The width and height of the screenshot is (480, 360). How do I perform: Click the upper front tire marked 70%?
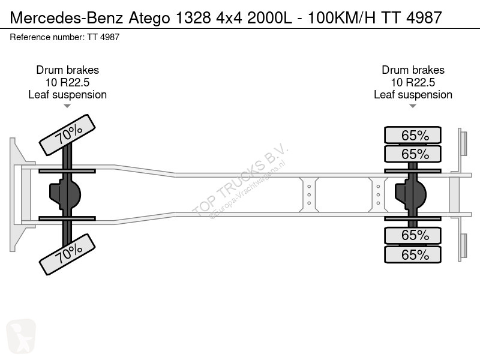point(67,134)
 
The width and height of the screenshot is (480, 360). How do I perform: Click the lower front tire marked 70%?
point(67,254)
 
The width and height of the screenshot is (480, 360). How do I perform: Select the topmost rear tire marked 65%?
point(413,135)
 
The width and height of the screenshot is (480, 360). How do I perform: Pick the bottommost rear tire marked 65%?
point(413,254)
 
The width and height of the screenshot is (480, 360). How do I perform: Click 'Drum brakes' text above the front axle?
point(67,70)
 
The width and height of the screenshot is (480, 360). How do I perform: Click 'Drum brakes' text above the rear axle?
point(413,70)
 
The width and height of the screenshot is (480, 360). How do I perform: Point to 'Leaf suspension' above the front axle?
point(67,95)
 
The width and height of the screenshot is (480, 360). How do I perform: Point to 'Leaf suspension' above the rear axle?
point(413,95)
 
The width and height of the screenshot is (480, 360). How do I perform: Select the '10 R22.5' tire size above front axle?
point(67,82)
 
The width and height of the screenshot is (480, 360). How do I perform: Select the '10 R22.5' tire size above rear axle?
point(413,82)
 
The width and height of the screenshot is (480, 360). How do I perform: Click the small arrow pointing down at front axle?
point(67,106)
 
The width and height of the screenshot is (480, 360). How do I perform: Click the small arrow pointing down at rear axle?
point(413,106)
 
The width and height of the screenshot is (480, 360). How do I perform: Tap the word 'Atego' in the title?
point(149,18)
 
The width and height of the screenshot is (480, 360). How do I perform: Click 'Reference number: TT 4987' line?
point(65,37)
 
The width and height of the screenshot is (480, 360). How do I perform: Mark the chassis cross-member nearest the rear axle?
point(379,194)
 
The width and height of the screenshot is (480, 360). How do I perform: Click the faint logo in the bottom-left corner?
point(21,336)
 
